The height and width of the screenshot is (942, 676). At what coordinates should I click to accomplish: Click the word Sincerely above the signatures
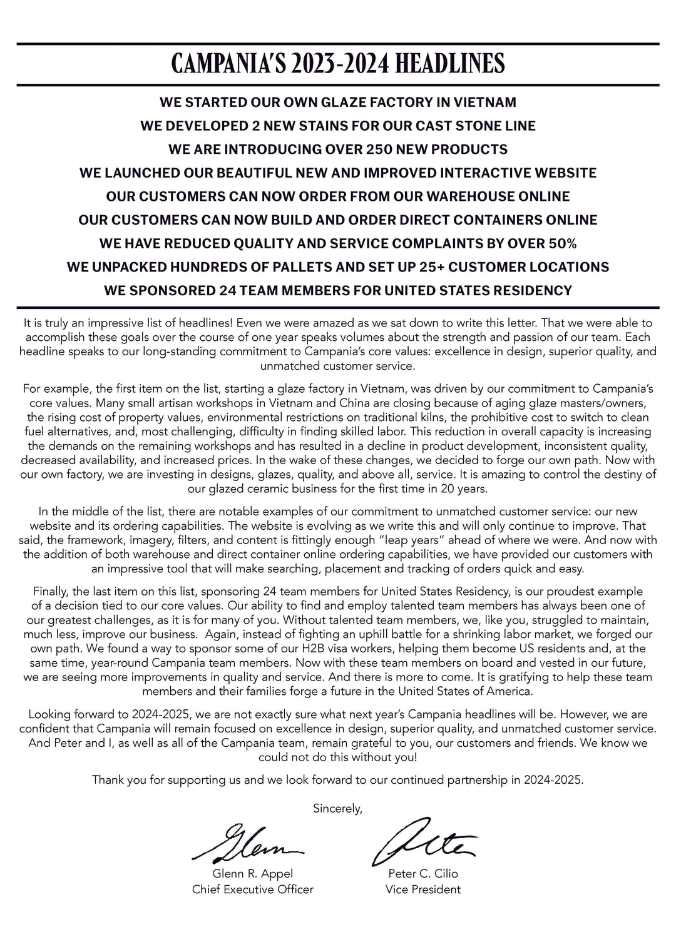point(337,809)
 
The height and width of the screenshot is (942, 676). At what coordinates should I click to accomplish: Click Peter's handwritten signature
point(424,840)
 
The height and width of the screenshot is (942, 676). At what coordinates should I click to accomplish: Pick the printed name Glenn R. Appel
point(253,874)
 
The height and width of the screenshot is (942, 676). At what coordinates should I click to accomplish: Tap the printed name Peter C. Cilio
point(423,874)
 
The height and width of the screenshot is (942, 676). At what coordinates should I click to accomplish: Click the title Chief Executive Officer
point(253,889)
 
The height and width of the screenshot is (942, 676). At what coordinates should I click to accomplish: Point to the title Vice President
point(423,889)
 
